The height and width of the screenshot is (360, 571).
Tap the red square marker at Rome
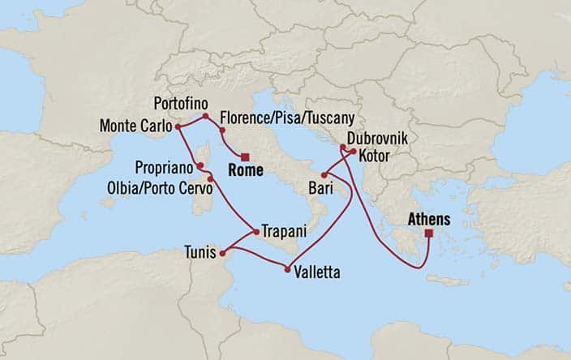(246, 156)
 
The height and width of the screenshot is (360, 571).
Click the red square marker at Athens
(427, 234)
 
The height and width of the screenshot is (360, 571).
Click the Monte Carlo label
(135, 126)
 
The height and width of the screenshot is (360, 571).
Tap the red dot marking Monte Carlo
(178, 126)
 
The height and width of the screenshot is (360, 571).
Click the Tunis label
(200, 252)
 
